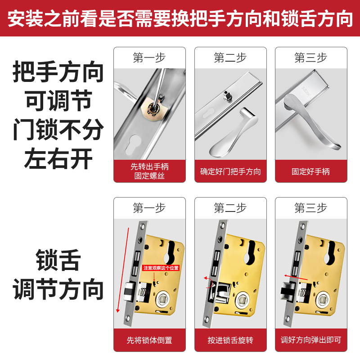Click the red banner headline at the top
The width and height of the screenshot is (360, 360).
pyautogui.click(x=180, y=18)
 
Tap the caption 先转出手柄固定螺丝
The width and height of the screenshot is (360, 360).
pyautogui.click(x=149, y=171)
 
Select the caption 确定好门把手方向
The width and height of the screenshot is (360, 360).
pyautogui.click(x=230, y=171)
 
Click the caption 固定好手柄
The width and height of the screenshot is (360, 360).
pyautogui.click(x=311, y=171)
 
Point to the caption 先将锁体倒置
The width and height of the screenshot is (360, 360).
pyautogui.click(x=149, y=340)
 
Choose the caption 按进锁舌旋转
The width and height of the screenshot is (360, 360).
pyautogui.click(x=230, y=340)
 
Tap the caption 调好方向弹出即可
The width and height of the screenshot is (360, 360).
pyautogui.click(x=311, y=340)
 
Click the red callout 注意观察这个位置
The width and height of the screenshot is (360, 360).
pyautogui.click(x=161, y=268)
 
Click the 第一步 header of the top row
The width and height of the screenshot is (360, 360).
pyautogui.click(x=149, y=58)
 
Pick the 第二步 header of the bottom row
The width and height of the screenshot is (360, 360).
pyautogui.click(x=230, y=208)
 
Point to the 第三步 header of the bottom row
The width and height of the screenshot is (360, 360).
pyautogui.click(x=311, y=208)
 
